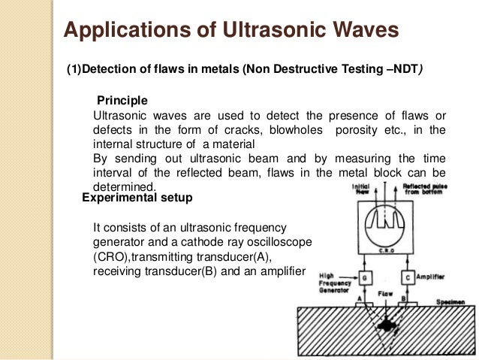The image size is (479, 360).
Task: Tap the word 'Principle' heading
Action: point(122,100)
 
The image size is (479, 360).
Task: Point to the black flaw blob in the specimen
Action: point(387,325)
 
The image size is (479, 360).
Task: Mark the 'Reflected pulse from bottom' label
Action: point(426,189)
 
